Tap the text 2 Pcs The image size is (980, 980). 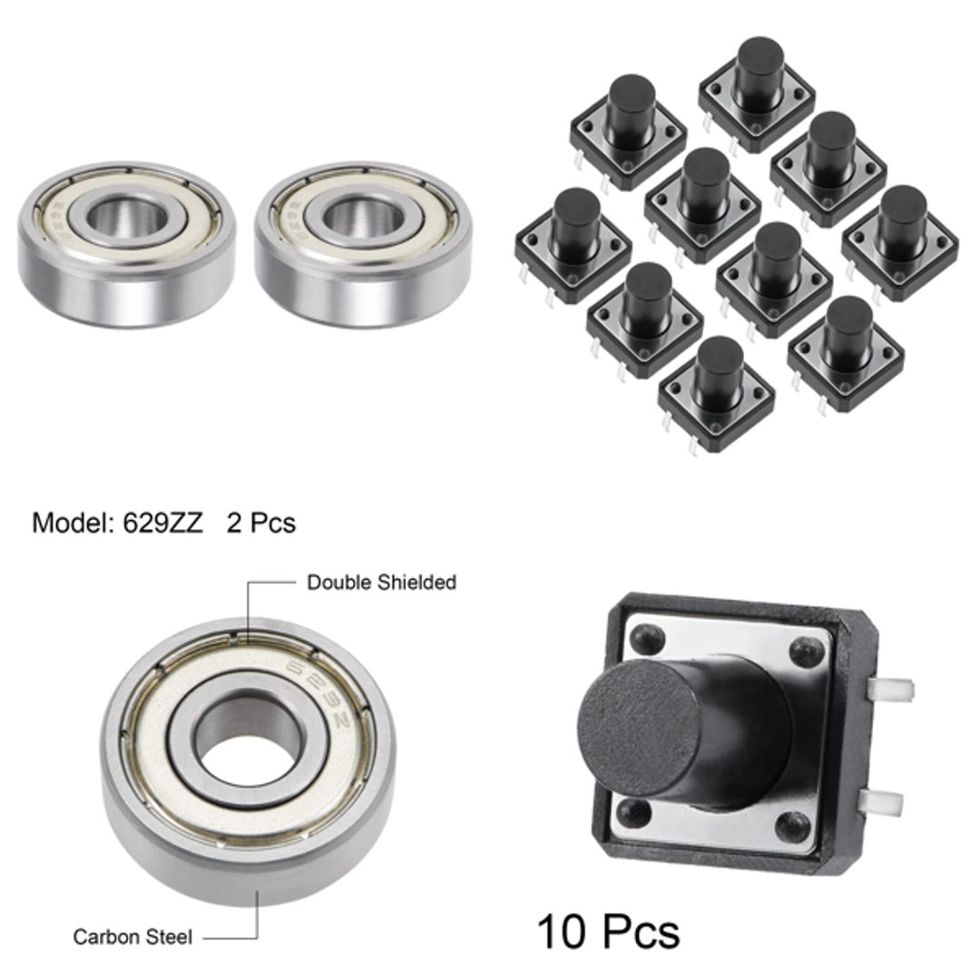pyautogui.click(x=261, y=524)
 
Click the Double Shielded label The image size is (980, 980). pyautogui.click(x=381, y=583)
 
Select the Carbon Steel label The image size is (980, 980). pyautogui.click(x=132, y=936)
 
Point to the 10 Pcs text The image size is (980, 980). pyautogui.click(x=608, y=931)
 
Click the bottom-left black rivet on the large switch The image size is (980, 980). pyautogui.click(x=640, y=811)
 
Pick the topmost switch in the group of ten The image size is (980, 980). pyautogui.click(x=758, y=86)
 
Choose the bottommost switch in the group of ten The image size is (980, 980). pyautogui.click(x=717, y=390)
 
